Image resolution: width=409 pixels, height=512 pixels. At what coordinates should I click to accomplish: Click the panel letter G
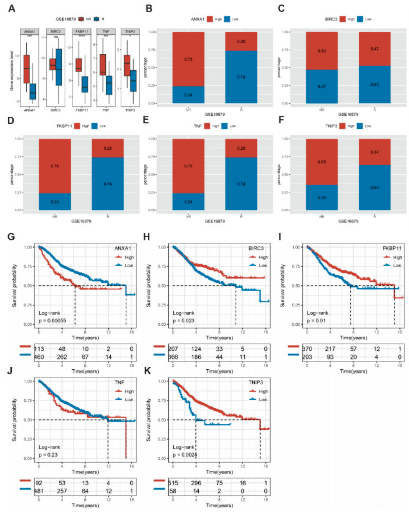pos(11,236)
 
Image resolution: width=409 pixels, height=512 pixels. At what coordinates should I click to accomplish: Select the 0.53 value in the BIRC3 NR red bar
pos(322,51)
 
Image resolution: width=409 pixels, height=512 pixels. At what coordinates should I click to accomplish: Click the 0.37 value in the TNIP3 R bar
pos(374,152)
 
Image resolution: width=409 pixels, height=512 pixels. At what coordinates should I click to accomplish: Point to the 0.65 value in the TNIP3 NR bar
pos(322,162)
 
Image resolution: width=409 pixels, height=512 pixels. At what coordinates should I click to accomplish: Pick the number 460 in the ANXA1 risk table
pos(39,357)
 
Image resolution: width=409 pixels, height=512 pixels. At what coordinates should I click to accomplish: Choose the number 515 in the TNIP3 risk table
pos(173,483)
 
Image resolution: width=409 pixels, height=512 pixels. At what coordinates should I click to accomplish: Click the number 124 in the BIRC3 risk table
pos(196,349)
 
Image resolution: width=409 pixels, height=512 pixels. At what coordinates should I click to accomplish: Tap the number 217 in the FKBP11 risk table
pos(330,349)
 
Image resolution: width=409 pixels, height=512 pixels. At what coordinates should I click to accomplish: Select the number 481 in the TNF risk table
pos(39,491)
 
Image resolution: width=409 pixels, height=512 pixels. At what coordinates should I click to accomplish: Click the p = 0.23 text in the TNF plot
pos(48,454)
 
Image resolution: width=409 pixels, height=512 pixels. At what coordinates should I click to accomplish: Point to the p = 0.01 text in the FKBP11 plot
pos(316,320)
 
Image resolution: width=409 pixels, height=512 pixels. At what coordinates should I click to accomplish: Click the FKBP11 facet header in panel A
pos(81,31)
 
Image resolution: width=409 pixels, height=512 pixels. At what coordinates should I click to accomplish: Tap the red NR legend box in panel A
pos(81,19)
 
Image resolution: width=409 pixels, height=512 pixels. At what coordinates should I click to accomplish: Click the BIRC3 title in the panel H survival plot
pos(256,248)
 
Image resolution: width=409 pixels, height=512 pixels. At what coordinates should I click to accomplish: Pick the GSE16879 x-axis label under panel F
pos(348,221)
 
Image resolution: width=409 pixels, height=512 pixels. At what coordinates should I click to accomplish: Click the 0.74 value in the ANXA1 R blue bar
pos(241,77)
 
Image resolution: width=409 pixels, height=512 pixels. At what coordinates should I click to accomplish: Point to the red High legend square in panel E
pos(207,126)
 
